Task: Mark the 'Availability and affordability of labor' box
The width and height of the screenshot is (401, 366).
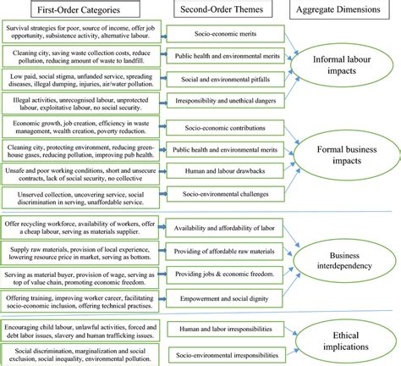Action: [x=219, y=229]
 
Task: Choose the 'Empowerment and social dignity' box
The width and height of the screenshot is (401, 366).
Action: [x=219, y=297]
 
